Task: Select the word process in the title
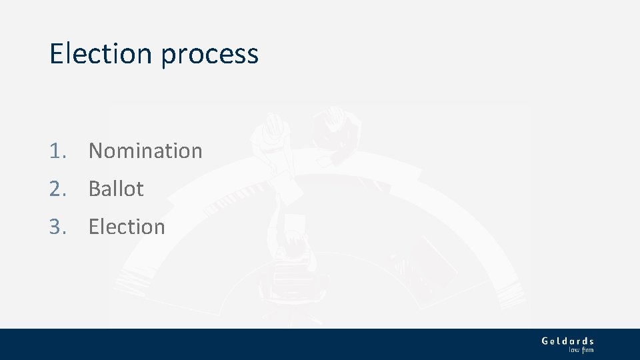coord(209,55)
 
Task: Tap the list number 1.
coord(57,151)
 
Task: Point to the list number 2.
coord(57,189)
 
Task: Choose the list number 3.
coord(57,227)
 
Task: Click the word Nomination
coord(145,151)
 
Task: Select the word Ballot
coord(116,189)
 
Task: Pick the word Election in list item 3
coord(127,227)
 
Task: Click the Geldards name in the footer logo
coord(567,341)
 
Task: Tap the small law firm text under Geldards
coord(581,349)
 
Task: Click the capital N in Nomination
coord(96,151)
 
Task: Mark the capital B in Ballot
coord(95,189)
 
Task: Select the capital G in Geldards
coord(546,341)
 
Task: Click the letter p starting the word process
coord(167,56)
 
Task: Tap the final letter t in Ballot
coord(139,189)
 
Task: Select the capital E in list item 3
coord(94,227)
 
